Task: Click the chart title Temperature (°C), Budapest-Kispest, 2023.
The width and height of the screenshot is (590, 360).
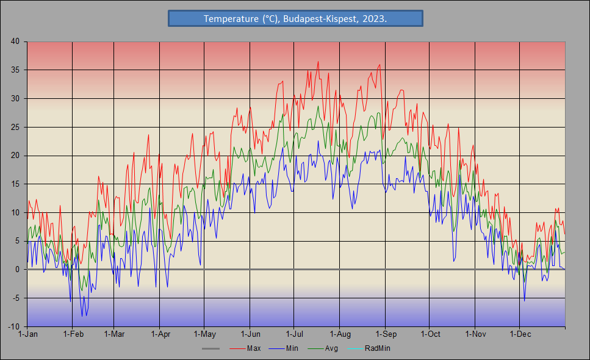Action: coord(295,19)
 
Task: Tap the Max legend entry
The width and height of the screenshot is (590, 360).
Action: coord(254,348)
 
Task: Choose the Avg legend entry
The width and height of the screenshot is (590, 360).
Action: coord(331,348)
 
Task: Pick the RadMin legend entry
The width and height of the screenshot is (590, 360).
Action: coord(377,348)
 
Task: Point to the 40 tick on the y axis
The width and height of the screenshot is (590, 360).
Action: coord(15,41)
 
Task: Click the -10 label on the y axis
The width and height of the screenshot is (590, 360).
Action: coord(13,327)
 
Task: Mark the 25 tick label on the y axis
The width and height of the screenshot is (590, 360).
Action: coord(15,127)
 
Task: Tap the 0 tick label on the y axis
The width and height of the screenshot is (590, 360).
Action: coord(17,270)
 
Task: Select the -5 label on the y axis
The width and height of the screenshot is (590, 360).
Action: coord(15,298)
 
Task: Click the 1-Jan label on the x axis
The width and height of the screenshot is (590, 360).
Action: coord(28,334)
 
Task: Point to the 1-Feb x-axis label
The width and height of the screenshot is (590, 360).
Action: coord(73,334)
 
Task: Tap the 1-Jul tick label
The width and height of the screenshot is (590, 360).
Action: coord(295,334)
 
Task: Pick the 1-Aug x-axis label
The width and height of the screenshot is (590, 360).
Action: coord(340,334)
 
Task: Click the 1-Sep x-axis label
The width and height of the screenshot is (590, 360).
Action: coord(385,334)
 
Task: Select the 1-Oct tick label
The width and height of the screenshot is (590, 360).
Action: coord(430,334)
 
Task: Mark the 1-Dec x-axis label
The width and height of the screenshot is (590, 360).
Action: coord(519,334)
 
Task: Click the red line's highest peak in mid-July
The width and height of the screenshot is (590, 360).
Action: coord(318,62)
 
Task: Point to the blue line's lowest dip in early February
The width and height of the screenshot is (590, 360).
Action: coord(82,316)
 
